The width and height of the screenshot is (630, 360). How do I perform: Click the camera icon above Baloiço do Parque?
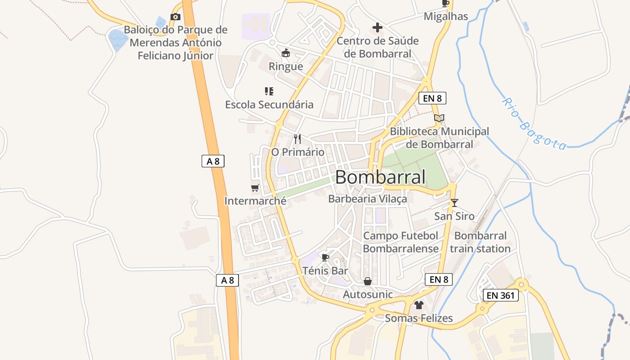click(x=175, y=17)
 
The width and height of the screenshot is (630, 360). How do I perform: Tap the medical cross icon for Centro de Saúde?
click(x=378, y=28)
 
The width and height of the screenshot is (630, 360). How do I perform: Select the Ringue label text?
click(x=286, y=67)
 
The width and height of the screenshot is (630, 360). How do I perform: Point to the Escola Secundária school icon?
click(x=269, y=91)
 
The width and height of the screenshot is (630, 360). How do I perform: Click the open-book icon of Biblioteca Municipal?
click(x=439, y=118)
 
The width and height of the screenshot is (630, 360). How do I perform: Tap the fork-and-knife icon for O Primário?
click(x=297, y=139)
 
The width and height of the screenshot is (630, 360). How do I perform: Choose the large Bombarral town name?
click(x=380, y=177)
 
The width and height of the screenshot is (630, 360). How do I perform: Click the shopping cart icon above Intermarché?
click(x=255, y=188)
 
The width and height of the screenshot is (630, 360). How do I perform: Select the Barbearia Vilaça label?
click(x=368, y=199)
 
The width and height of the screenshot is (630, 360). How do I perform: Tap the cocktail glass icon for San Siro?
click(x=454, y=203)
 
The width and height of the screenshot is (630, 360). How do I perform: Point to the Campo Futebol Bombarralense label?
click(x=400, y=242)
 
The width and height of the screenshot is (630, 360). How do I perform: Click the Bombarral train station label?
click(x=480, y=242)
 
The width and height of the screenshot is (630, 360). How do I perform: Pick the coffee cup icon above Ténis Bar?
click(x=325, y=257)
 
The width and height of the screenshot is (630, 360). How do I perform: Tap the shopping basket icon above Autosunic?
click(x=368, y=281)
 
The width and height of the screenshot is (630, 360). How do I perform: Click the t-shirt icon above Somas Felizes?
click(x=419, y=305)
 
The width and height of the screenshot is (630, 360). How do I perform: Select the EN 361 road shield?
click(x=501, y=296)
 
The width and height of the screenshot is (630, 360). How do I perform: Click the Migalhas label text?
click(x=446, y=17)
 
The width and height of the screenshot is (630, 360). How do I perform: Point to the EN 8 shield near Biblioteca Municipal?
click(x=432, y=98)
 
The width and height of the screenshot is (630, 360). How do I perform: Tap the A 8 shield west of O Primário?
click(x=213, y=161)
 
